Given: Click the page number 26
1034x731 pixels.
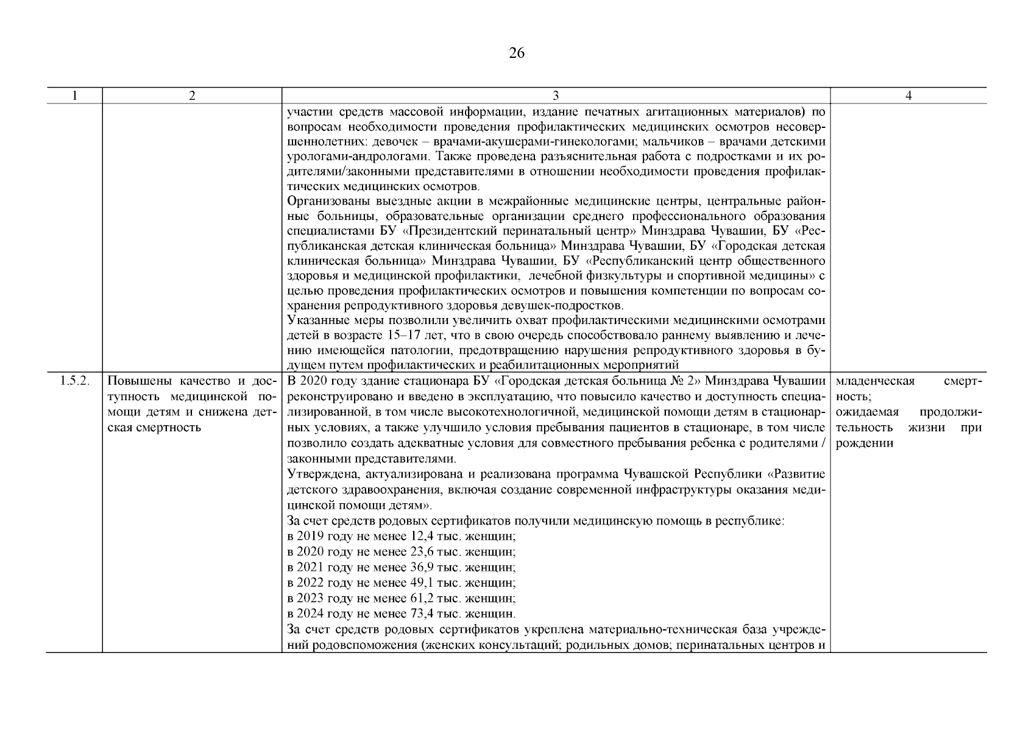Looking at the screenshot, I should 516,54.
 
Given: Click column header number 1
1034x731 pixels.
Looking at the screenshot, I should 74,96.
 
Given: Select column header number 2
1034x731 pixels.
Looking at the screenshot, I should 192,96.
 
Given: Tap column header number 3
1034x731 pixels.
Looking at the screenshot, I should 556,96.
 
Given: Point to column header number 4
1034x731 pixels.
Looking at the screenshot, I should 908,96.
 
